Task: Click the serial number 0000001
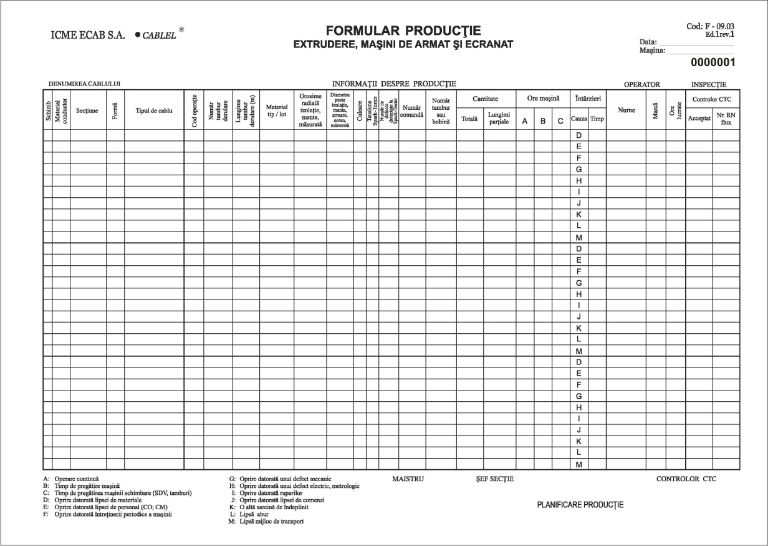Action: click(x=713, y=62)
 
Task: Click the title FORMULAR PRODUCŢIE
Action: click(x=403, y=32)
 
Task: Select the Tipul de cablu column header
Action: click(x=154, y=110)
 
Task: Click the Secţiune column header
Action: click(x=88, y=110)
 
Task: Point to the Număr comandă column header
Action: click(x=412, y=110)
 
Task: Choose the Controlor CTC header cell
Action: click(x=713, y=99)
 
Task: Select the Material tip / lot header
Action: click(x=276, y=110)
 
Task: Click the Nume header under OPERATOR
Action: click(x=626, y=110)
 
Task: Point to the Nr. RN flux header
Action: click(x=726, y=118)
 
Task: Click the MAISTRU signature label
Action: click(x=408, y=479)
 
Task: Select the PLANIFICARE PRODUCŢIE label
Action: click(x=580, y=505)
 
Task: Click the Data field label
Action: click(x=648, y=42)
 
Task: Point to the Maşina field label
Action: click(x=653, y=50)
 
